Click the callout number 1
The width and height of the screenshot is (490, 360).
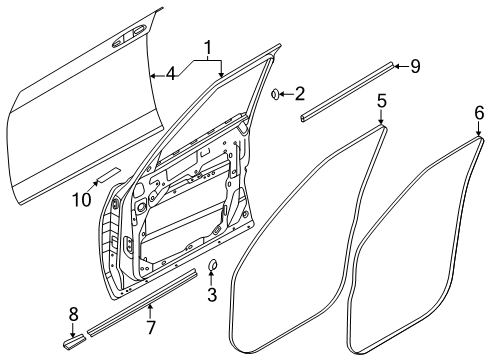(208, 49)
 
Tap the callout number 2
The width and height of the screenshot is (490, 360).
(300, 94)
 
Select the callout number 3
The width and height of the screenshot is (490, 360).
(212, 295)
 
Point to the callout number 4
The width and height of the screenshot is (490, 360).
(170, 74)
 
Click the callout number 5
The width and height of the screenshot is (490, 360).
(382, 101)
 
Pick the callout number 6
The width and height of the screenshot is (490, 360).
(479, 113)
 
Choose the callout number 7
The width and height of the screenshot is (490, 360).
(151, 327)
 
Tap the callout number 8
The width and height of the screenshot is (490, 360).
(73, 314)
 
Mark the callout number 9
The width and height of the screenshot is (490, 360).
(415, 66)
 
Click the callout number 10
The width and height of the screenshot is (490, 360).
(81, 200)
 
